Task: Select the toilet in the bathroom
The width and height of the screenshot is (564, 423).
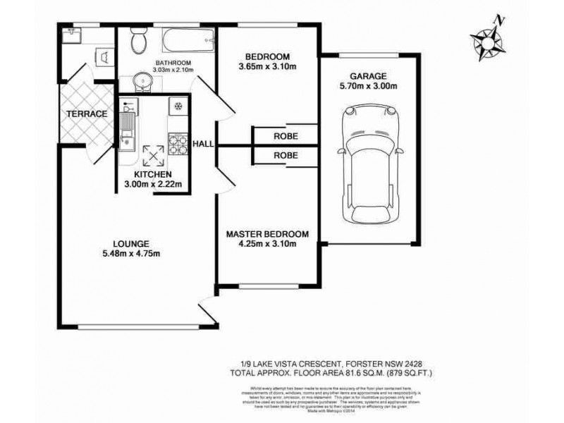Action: pos(139,42)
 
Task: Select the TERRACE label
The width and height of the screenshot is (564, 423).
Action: pos(87,114)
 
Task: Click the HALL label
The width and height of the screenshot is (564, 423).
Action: pos(204,144)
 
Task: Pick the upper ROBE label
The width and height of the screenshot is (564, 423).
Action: pos(286,137)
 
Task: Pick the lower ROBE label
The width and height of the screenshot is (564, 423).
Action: pos(286,155)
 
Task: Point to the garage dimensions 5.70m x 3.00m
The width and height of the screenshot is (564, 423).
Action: pos(369,87)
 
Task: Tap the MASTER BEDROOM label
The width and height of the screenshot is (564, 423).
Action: pos(267,234)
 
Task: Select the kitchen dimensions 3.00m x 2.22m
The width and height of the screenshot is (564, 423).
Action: pos(153,184)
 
